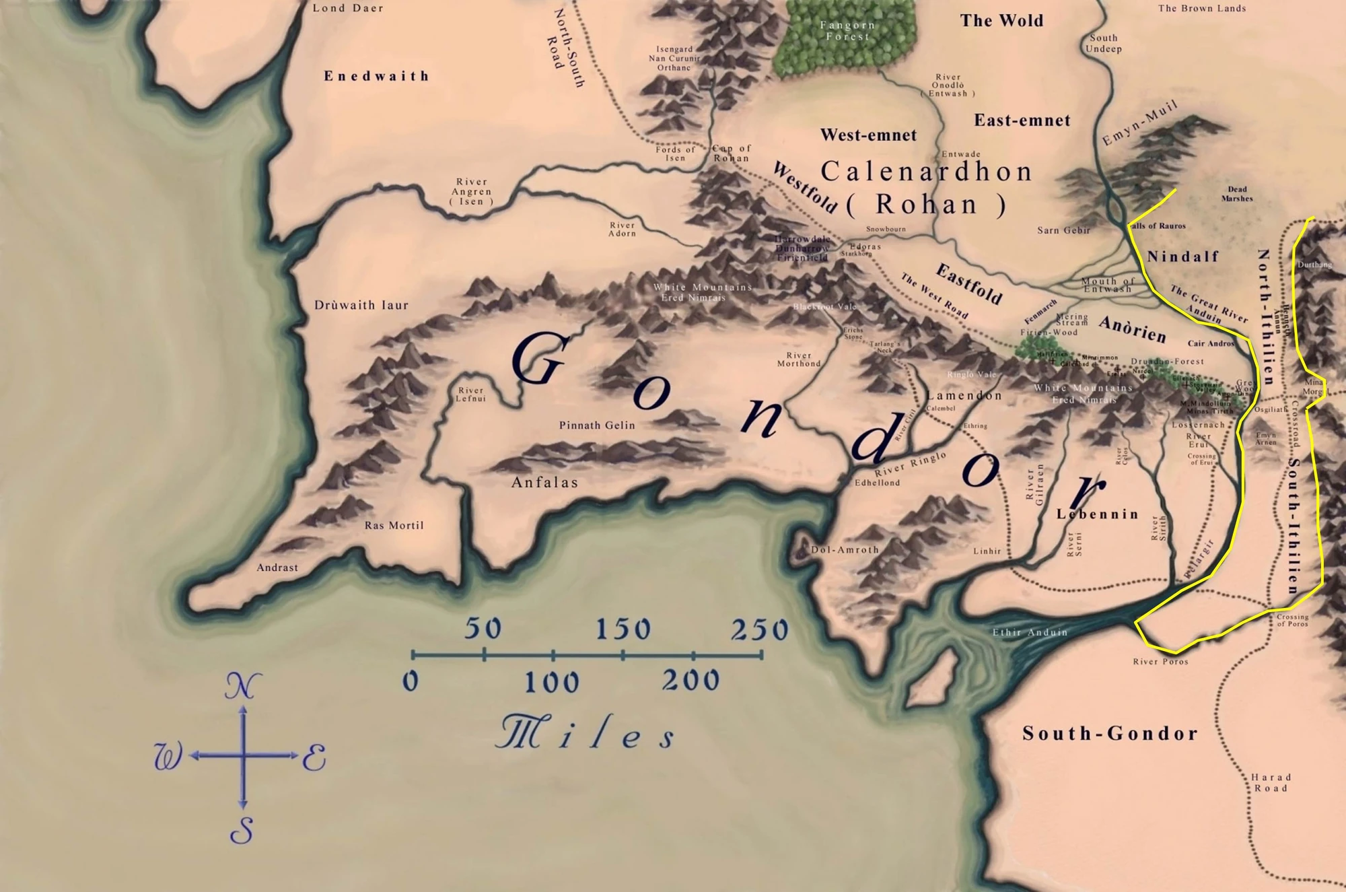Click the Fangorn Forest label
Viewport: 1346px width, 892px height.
click(x=847, y=30)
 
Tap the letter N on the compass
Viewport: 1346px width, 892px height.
click(x=242, y=687)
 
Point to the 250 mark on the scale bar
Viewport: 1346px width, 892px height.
click(x=759, y=630)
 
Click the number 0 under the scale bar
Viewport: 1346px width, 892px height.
click(x=411, y=681)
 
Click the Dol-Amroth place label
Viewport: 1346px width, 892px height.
click(x=845, y=550)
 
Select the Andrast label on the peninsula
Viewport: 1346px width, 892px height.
click(x=277, y=568)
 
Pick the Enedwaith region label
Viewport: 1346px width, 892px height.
click(x=376, y=76)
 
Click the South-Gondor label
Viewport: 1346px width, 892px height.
click(x=1110, y=733)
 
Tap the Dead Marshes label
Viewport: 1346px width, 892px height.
click(x=1237, y=194)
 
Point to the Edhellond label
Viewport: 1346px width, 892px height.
click(x=877, y=483)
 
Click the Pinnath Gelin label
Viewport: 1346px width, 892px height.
click(x=597, y=425)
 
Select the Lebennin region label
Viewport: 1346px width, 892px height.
click(x=1097, y=514)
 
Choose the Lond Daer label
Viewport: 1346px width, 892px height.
click(x=348, y=9)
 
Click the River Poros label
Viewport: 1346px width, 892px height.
click(x=1160, y=662)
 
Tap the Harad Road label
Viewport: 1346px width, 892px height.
click(x=1271, y=782)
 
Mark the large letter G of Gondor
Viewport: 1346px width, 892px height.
click(x=539, y=360)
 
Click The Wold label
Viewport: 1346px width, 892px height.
click(x=1001, y=21)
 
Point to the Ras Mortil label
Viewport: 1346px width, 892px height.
click(x=394, y=526)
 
